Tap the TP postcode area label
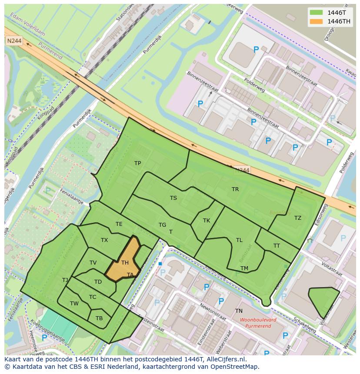138,163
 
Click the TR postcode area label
235,189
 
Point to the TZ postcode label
298,218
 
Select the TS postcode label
173,198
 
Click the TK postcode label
207,221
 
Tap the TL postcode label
239,240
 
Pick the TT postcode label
277,246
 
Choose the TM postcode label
244,268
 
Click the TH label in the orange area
125,263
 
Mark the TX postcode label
104,240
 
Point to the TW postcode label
74,304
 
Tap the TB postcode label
99,318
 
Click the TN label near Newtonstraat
239,311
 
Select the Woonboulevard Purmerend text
258,323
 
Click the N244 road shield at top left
13,40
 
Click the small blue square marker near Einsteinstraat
160,264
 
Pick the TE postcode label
119,224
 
